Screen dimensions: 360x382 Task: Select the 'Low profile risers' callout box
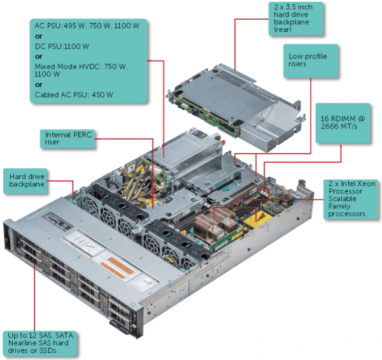[308, 61]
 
